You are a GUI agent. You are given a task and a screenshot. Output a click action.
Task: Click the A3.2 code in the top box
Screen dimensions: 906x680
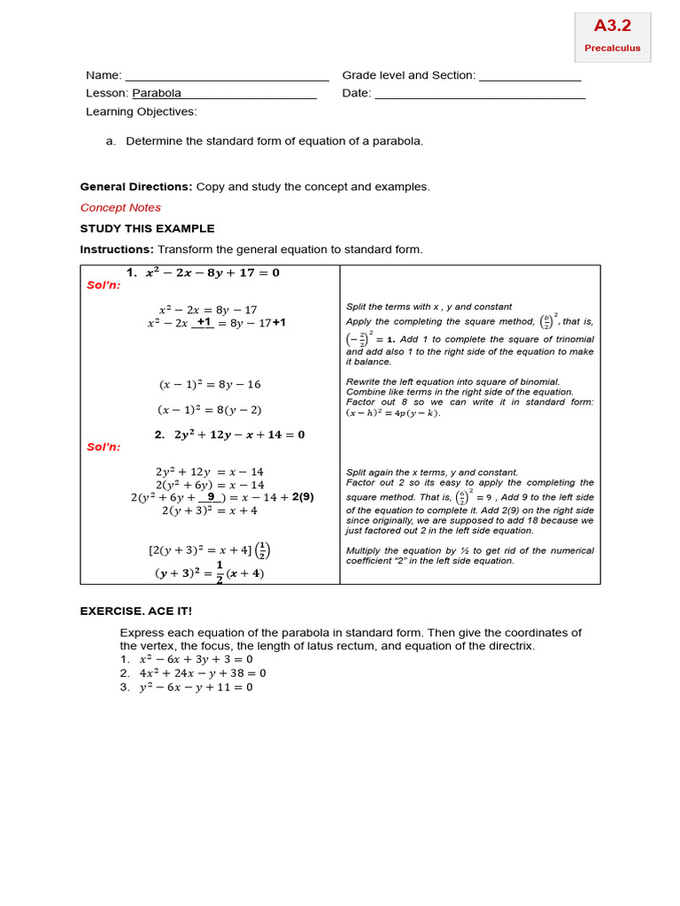(x=612, y=27)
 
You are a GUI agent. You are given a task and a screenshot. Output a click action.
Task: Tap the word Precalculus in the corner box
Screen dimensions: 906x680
(x=612, y=48)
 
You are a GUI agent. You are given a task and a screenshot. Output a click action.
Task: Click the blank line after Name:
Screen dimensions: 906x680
(x=227, y=77)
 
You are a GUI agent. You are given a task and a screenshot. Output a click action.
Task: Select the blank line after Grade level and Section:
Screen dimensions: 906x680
(x=529, y=77)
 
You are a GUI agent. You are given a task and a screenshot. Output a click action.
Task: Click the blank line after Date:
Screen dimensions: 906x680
(x=480, y=95)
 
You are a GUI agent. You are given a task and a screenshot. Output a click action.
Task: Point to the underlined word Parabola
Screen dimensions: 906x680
(x=157, y=93)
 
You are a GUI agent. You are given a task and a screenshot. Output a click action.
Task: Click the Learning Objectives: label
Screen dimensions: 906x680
(x=142, y=111)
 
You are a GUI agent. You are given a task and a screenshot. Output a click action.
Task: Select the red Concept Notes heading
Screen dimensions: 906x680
(x=120, y=207)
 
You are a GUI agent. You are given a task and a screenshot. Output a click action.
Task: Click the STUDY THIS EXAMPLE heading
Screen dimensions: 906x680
(x=147, y=228)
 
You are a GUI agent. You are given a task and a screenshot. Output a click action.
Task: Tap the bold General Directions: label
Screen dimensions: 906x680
(x=135, y=187)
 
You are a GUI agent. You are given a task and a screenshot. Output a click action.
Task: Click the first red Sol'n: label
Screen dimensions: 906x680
(x=103, y=285)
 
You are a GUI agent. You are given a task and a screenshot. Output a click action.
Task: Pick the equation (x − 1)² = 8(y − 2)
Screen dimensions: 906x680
(x=210, y=410)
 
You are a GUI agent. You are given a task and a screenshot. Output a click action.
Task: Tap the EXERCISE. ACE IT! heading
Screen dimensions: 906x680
(x=135, y=610)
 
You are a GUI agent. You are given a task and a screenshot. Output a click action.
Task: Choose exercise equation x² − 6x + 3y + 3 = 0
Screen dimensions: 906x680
(x=196, y=659)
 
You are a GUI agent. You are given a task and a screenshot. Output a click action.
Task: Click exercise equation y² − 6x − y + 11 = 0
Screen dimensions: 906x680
(x=196, y=687)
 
